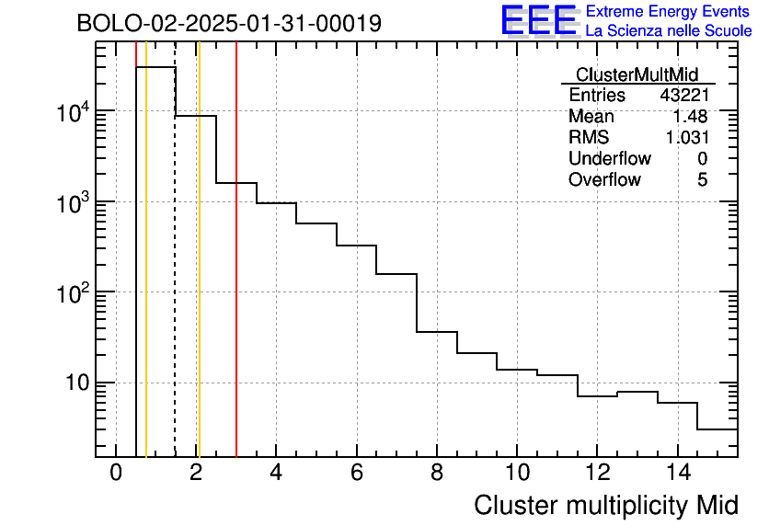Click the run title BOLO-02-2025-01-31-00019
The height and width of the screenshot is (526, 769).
point(229,23)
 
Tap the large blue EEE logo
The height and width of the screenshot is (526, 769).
point(539,20)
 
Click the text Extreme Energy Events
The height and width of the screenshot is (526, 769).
point(668,11)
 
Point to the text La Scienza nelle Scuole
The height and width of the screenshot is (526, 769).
point(669,31)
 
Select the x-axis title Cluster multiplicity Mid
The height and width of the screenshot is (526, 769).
point(605,505)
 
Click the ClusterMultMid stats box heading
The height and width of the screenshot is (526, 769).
point(637,74)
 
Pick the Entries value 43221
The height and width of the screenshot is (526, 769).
point(684,95)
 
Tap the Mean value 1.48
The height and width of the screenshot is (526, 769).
point(690,116)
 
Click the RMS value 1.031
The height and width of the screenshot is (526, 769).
point(687,137)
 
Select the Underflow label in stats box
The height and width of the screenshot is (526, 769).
point(610,158)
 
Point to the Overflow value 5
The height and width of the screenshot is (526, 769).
point(702,179)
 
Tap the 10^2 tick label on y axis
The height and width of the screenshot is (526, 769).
point(72,292)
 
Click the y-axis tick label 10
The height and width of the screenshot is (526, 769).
point(77,383)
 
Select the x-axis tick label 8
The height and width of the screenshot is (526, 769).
point(437,473)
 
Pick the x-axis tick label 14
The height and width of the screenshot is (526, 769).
point(678,473)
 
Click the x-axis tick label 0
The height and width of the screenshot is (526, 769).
point(116,473)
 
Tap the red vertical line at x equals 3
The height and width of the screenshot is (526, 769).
point(236,249)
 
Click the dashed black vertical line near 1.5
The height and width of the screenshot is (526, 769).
point(175,249)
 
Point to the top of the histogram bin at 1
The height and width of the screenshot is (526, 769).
point(155,67)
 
